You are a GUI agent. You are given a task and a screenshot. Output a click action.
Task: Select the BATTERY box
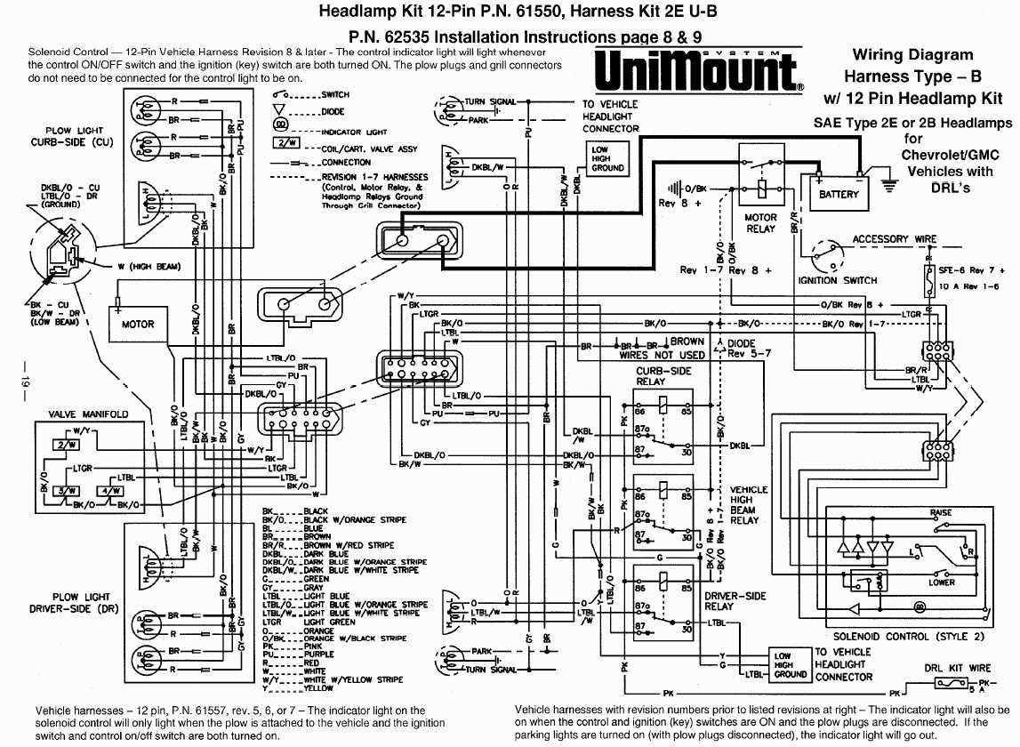839,194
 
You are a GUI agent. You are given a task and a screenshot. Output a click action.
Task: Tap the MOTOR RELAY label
760,223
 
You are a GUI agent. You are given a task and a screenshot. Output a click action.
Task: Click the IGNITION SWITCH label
837,280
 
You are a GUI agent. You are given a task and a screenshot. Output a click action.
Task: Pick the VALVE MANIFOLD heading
88,414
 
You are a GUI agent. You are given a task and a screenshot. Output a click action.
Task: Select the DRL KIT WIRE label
957,668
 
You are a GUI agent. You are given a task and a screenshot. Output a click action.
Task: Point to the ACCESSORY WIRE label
894,239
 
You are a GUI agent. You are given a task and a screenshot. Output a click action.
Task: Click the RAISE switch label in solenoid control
940,513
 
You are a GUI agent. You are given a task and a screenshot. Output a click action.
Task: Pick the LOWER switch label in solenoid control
942,582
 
